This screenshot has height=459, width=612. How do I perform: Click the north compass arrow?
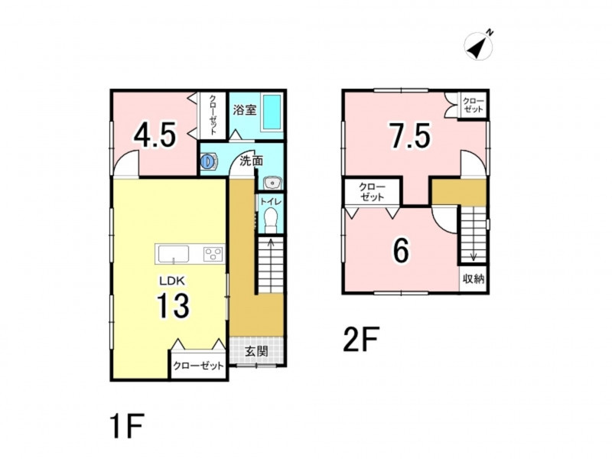tap(479, 45)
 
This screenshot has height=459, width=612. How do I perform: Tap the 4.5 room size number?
tap(155, 135)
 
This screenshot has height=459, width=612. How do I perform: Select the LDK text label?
tap(174, 280)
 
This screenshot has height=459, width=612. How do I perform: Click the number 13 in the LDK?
tap(173, 305)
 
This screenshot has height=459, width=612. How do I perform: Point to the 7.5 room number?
tap(411, 135)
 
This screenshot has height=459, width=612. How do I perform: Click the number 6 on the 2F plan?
tap(400, 250)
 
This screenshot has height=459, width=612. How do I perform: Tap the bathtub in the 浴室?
tap(272, 112)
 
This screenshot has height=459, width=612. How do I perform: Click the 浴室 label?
tap(245, 110)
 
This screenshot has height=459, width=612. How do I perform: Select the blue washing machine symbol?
tap(209, 161)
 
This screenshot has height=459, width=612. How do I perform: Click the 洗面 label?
tap(251, 161)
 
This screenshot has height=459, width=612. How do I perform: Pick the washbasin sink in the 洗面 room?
tap(272, 183)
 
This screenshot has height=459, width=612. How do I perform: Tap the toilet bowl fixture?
tap(270, 220)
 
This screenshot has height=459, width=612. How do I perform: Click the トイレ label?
tap(270, 201)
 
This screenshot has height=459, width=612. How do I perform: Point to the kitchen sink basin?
tap(173, 254)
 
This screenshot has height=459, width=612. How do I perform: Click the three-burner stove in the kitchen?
tap(213, 255)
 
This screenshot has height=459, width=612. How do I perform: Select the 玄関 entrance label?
tap(256, 351)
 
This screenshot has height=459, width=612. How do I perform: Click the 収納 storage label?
tap(474, 279)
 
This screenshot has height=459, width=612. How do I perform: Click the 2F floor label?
tap(361, 339)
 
